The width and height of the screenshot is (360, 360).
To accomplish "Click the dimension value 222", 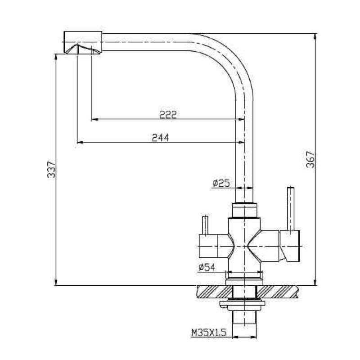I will pos(168,114).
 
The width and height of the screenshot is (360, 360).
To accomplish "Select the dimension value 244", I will pos(160,138).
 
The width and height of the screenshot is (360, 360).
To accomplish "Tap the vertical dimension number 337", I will pos(51,169).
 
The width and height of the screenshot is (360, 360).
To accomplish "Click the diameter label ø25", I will pos(221,183).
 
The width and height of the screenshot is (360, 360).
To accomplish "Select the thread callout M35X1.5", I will pos(208,333).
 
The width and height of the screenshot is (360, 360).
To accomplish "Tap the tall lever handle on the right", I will pos(291,207).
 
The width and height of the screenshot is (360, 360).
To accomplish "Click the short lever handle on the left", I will pos(205,225).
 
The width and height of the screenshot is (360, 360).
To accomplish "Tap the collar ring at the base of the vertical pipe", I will pos(244,210).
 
